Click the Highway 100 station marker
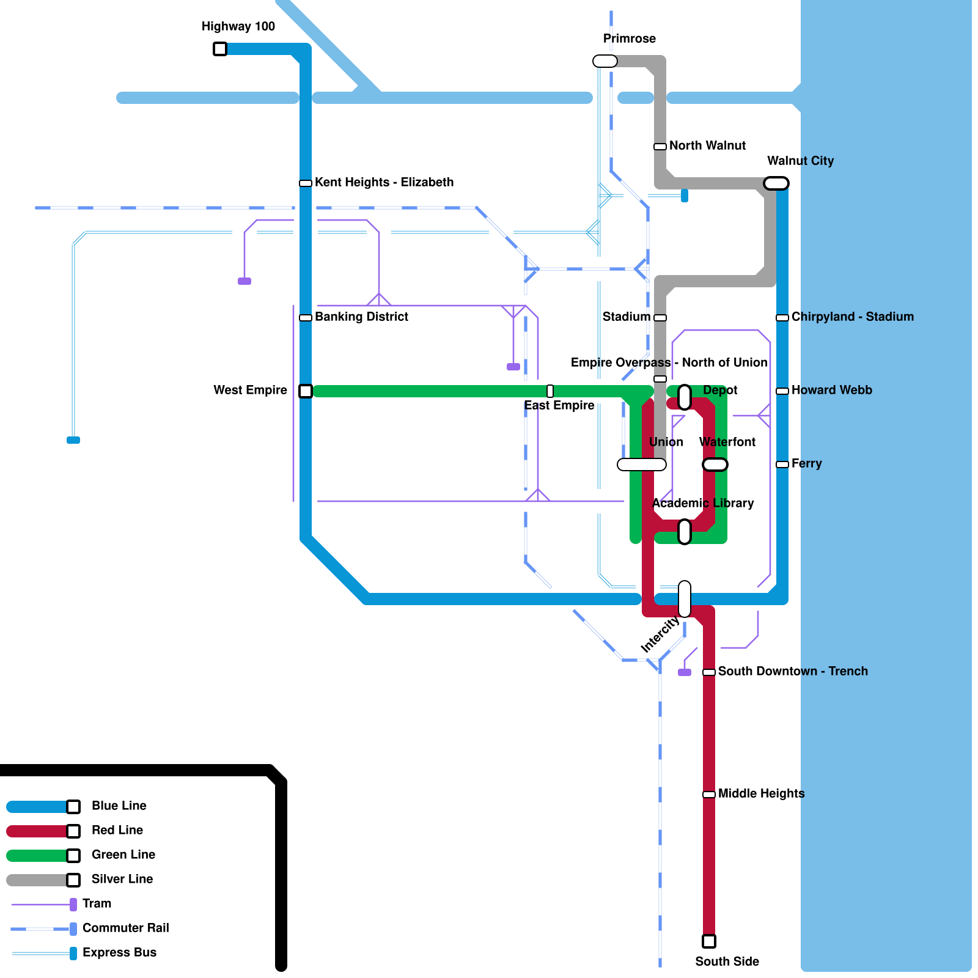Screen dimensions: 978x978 coord(220,49)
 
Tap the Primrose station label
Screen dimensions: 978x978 coord(629,39)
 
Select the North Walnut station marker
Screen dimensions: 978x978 coord(660,147)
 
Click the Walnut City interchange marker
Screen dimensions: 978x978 coord(776,183)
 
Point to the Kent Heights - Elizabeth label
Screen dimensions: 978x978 coord(384,182)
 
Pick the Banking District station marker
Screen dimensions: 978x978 coord(306,318)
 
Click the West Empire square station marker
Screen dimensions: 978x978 coord(306,391)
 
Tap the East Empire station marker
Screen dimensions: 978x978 coord(550,391)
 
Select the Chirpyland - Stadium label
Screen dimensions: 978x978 coord(852,317)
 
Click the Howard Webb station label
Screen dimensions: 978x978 coord(831,390)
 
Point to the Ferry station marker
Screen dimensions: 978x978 coord(782,465)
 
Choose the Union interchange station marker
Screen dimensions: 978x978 coord(642,465)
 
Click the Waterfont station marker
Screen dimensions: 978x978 coord(715,465)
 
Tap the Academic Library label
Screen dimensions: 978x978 coord(703,503)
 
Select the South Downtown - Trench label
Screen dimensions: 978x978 coord(792,671)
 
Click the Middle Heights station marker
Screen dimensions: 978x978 coord(709,795)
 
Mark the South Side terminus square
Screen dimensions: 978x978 coord(709,941)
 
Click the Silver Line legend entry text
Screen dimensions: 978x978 coord(122,879)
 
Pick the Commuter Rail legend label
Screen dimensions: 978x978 coord(125,928)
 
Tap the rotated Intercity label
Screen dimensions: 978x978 coord(660,634)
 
